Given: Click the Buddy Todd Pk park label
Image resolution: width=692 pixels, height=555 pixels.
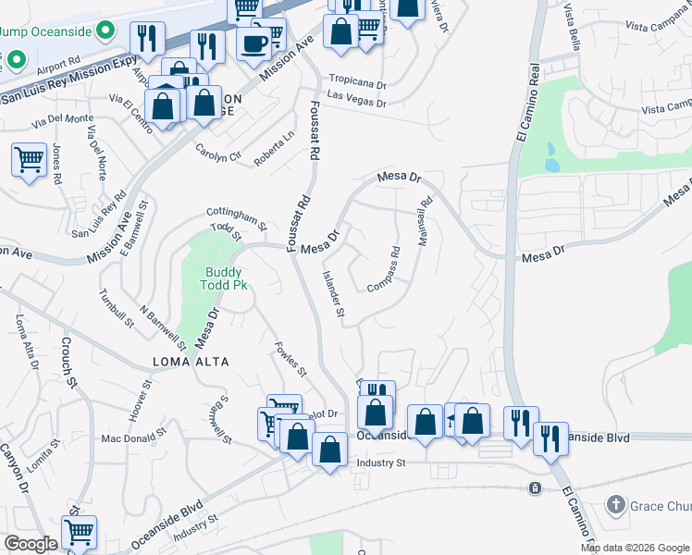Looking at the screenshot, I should click(227, 278).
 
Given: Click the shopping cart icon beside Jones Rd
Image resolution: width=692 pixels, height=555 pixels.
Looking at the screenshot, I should click(29, 159).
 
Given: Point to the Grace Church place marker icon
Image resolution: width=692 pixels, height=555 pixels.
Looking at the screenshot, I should click(616, 505).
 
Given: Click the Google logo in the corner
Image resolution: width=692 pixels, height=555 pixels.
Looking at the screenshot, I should click(31, 545).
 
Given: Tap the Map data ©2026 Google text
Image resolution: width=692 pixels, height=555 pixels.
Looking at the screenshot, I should click(635, 548).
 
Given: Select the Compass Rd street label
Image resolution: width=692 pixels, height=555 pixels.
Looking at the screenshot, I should click(384, 269).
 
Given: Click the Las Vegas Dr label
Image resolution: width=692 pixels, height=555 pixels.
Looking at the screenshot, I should click(355, 100).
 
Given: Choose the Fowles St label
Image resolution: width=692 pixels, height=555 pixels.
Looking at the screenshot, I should click(290, 360).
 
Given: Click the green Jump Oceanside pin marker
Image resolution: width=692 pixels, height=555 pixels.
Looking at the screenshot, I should click(106, 31).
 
